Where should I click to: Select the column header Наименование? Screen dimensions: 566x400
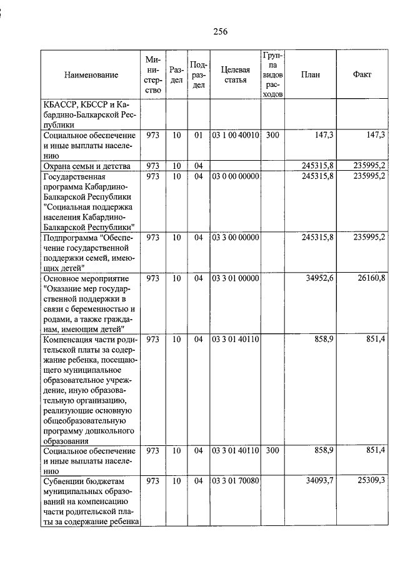click(x=91, y=74)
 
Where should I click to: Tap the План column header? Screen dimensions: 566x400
click(x=310, y=74)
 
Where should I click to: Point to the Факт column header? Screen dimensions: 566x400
click(x=362, y=74)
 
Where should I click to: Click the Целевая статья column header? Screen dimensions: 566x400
click(x=235, y=74)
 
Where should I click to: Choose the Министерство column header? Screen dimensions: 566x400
click(x=153, y=74)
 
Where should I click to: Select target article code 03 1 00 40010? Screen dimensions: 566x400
click(x=235, y=134)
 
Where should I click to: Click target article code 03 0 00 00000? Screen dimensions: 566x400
click(x=235, y=177)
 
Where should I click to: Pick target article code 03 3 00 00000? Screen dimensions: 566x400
click(x=235, y=238)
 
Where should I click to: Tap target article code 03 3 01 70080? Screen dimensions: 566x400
click(x=235, y=481)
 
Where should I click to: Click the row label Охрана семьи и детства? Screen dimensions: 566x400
click(x=87, y=166)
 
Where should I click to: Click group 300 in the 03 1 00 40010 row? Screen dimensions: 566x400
click(x=272, y=134)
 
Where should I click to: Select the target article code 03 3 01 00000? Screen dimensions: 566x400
click(x=235, y=278)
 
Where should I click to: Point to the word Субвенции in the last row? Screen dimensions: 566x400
click(x=64, y=481)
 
